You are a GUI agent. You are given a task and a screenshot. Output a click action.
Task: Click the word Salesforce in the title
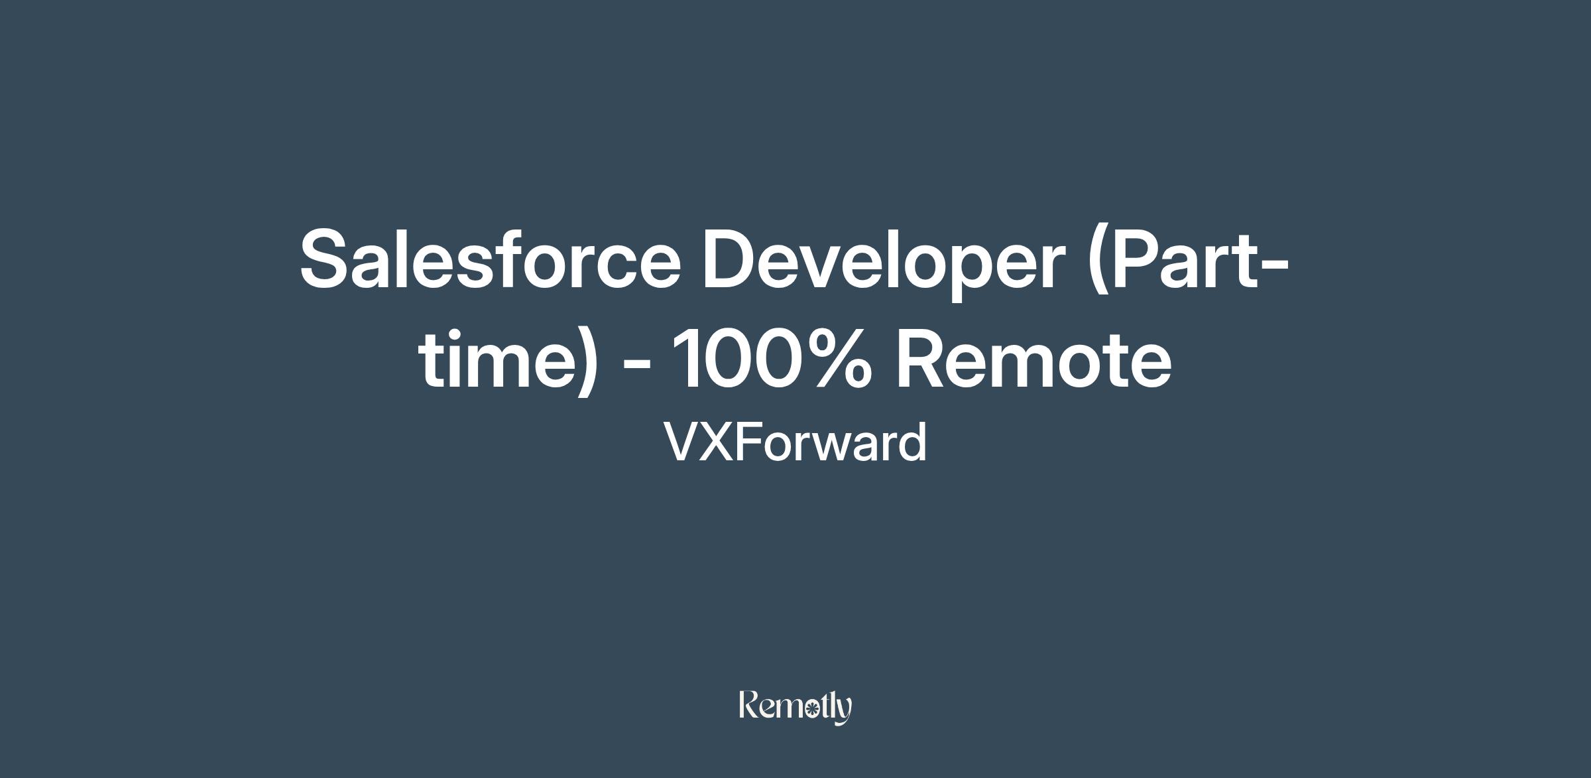pos(491,258)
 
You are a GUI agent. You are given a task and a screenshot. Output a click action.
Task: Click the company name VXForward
pos(795,442)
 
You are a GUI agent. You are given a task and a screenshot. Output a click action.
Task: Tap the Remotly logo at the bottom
pos(795,707)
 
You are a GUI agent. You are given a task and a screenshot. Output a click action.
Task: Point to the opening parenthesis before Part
pos(1098,263)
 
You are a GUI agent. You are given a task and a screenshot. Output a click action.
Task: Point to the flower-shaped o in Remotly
pos(809,709)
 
